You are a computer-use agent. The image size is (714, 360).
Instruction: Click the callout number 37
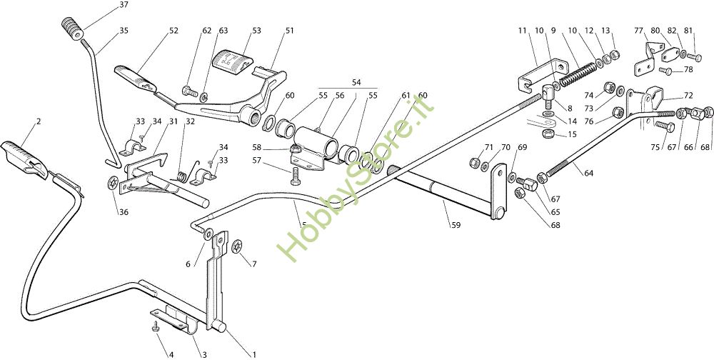[124, 5]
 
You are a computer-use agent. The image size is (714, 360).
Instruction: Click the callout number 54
[356, 83]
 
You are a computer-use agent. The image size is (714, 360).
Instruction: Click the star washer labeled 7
[237, 247]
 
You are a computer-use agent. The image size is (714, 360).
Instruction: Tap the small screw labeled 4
[155, 328]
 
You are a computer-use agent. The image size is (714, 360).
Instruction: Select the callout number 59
[456, 226]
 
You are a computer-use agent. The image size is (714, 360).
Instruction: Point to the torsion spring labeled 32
[183, 173]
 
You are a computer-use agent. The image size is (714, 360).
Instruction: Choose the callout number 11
[522, 30]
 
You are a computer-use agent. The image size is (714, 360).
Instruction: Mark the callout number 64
[588, 174]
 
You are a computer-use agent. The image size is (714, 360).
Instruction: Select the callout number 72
[688, 95]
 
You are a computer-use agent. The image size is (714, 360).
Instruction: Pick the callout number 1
[252, 354]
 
